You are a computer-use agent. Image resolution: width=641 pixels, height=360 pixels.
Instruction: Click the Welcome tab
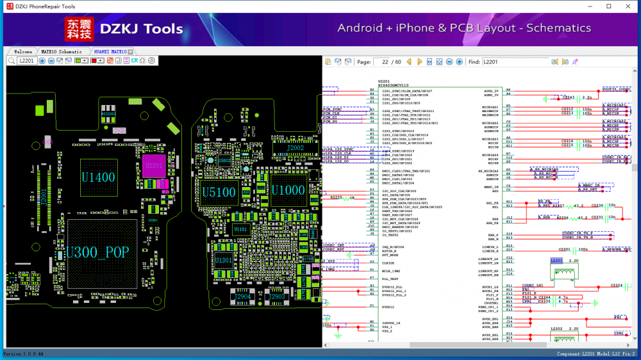(x=23, y=51)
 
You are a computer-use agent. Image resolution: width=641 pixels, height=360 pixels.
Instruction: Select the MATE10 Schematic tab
(x=62, y=51)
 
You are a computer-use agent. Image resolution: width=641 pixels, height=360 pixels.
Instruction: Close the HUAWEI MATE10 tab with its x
(x=131, y=51)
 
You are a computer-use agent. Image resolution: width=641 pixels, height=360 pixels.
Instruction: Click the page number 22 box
(x=385, y=62)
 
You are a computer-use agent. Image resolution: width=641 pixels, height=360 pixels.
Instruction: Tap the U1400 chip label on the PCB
(x=97, y=177)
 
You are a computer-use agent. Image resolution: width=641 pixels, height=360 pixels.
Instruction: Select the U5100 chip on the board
(x=220, y=191)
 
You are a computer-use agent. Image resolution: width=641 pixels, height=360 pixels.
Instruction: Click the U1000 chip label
(x=288, y=191)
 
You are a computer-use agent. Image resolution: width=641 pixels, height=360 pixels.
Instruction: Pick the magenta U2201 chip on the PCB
(x=154, y=166)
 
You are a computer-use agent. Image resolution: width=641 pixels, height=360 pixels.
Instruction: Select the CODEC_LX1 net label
(x=533, y=285)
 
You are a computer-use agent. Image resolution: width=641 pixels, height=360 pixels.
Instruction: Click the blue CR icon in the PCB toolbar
(x=135, y=61)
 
